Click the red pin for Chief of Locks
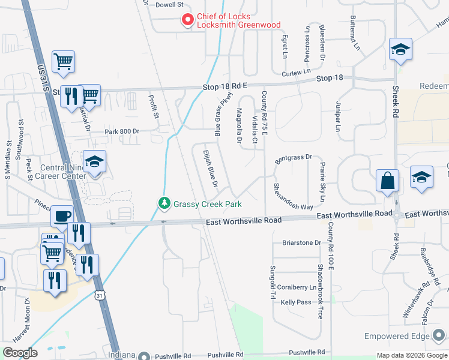pyautogui.click(x=187, y=20)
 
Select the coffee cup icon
pyautogui.click(x=62, y=216)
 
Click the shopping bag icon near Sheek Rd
pyautogui.click(x=387, y=180)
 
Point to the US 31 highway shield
pyautogui.click(x=100, y=295)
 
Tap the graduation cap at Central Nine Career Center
pyautogui.click(x=94, y=161)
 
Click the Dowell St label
pyautogui.click(x=169, y=5)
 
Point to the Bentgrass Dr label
pyautogui.click(x=294, y=158)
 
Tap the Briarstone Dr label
pyautogui.click(x=301, y=243)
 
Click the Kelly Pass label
pyautogui.click(x=296, y=302)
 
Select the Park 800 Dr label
pyautogui.click(x=121, y=131)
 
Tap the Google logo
pyautogui.click(x=20, y=353)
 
